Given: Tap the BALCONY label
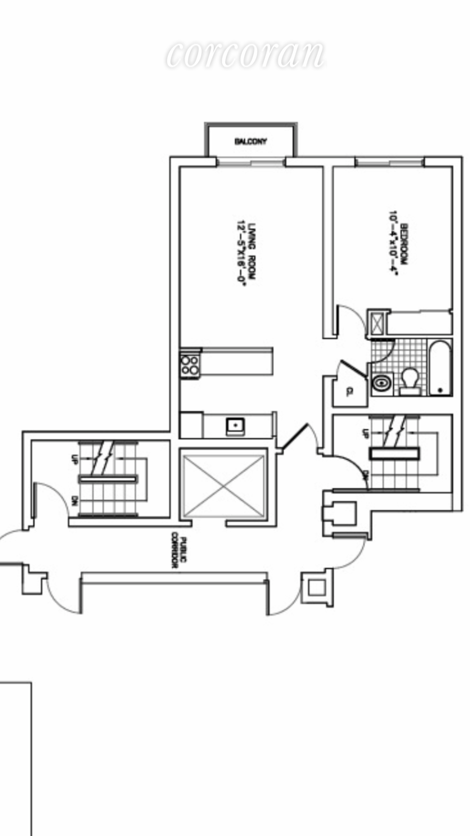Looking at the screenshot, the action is (x=251, y=142).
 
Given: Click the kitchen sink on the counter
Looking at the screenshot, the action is (x=235, y=426).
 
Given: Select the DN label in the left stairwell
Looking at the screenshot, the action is (x=75, y=500).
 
